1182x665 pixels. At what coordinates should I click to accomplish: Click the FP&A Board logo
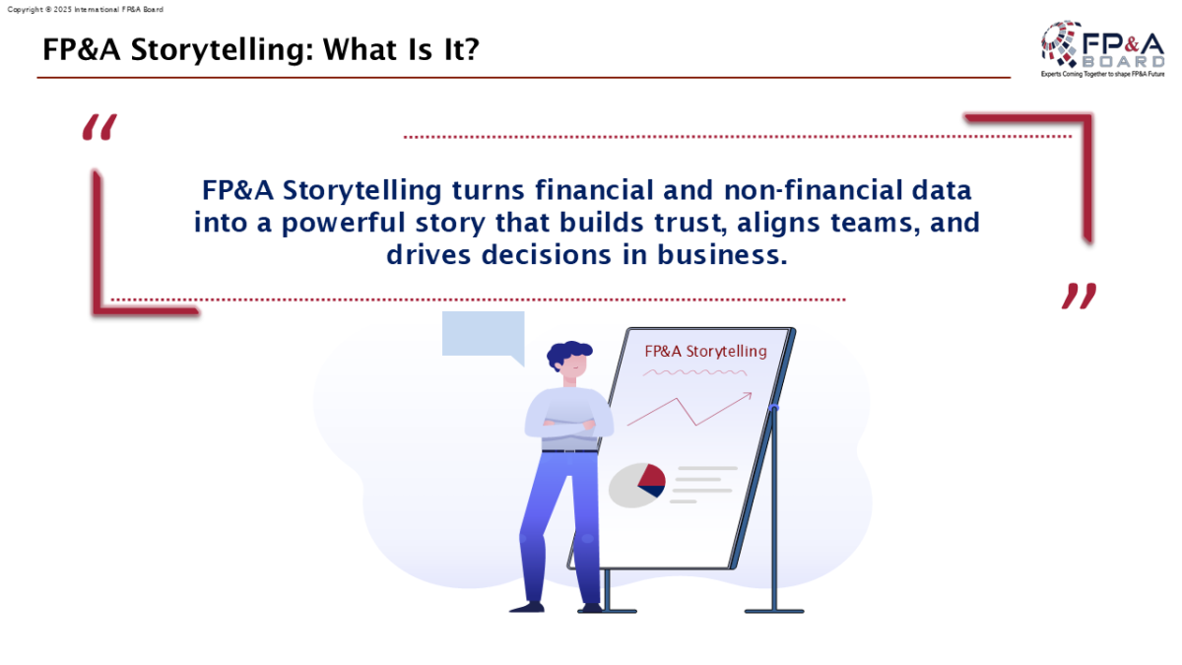click(x=1102, y=49)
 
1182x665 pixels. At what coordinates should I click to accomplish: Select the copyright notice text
click(x=86, y=10)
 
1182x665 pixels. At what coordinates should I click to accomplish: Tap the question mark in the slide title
click(x=470, y=49)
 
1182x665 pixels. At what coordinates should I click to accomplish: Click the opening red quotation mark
click(x=99, y=127)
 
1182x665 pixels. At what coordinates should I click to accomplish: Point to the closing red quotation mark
click(x=1079, y=296)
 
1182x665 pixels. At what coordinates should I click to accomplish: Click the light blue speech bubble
click(x=484, y=336)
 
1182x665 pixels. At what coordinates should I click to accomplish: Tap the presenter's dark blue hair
click(x=567, y=353)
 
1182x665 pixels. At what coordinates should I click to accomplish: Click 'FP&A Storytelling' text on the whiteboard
click(x=705, y=352)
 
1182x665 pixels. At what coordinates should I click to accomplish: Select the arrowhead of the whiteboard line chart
click(x=748, y=395)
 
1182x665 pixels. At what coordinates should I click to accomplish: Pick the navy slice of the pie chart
click(x=653, y=491)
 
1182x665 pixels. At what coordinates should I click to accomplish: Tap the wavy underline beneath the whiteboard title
click(x=695, y=372)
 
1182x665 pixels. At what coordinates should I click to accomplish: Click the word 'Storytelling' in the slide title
click(x=223, y=50)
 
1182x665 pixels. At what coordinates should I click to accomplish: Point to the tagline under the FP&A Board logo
click(x=1102, y=75)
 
